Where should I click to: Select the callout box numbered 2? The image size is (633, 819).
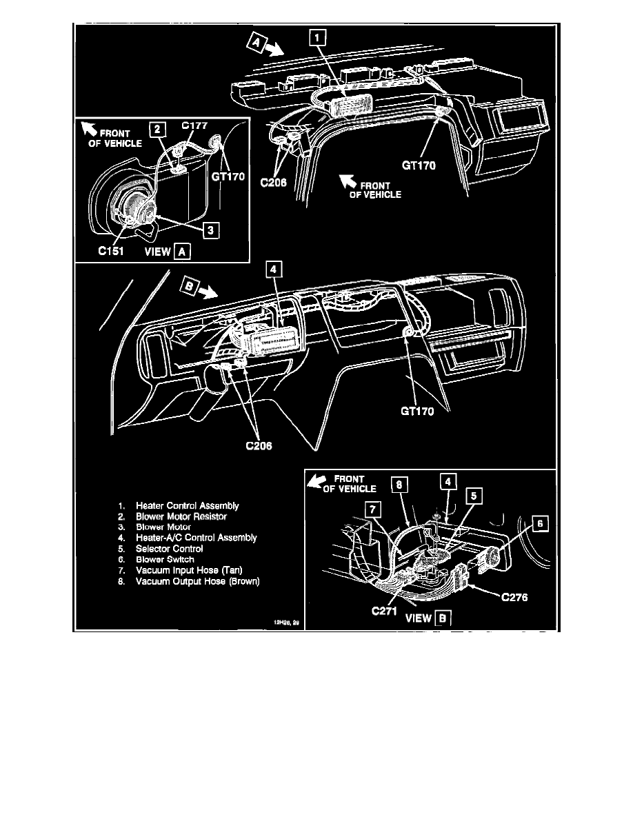pyautogui.click(x=157, y=129)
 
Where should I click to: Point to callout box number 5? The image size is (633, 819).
pyautogui.click(x=474, y=495)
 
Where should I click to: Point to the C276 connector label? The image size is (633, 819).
pyautogui.click(x=514, y=598)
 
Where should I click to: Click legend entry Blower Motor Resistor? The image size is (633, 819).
pyautogui.click(x=181, y=516)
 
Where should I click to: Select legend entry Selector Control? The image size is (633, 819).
pyautogui.click(x=169, y=549)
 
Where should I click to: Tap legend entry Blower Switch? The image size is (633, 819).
pyautogui.click(x=165, y=560)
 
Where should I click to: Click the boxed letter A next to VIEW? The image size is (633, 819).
pyautogui.click(x=182, y=252)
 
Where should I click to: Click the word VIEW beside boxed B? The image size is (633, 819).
pyautogui.click(x=418, y=618)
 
